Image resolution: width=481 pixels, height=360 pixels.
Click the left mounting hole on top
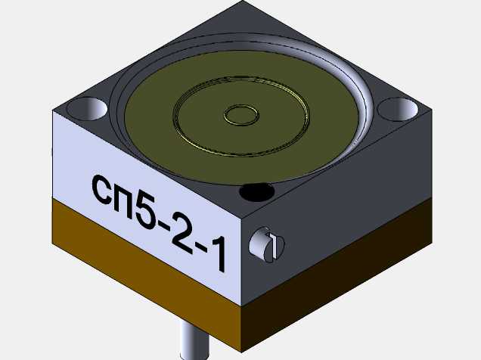click(x=88, y=109)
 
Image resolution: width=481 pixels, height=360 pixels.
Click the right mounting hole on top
click(x=398, y=109)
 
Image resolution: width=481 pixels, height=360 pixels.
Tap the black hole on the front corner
click(x=256, y=192)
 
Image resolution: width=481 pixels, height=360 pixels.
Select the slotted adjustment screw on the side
click(x=266, y=245)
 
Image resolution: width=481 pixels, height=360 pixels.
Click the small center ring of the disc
click(x=241, y=115)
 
